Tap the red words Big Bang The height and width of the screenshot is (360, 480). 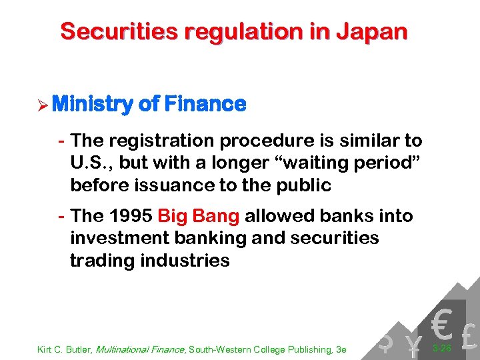[x=199, y=217]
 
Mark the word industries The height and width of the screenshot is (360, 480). [x=185, y=261]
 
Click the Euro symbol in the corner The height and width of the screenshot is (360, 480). [x=441, y=324]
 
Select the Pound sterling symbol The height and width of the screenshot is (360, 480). [x=469, y=337]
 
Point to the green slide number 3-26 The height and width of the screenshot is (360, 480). [x=442, y=348]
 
